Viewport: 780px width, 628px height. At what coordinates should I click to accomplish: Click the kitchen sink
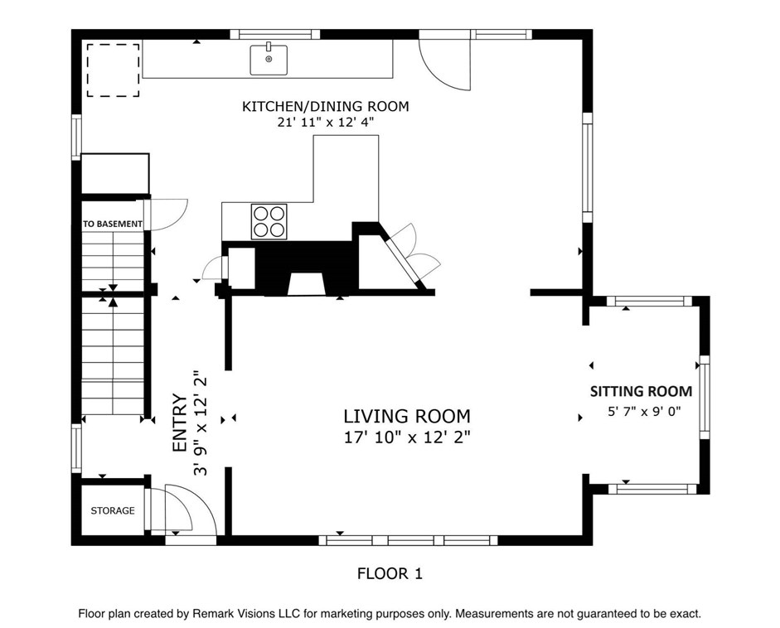point(269,59)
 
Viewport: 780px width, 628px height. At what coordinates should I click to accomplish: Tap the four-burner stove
point(269,221)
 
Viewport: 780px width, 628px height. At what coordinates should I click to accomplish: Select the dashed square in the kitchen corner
point(113,70)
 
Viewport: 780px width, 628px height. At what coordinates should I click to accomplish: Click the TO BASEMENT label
point(113,225)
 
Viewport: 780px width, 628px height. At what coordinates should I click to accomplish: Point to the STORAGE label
point(113,510)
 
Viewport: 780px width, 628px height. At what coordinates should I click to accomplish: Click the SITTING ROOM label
point(642,391)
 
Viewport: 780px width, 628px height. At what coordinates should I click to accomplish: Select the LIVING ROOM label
point(407,416)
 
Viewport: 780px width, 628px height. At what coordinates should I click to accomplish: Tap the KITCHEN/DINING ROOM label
point(325,106)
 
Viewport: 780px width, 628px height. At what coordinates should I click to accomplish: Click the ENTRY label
point(179,423)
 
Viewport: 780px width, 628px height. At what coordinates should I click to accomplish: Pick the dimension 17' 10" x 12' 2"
point(407,437)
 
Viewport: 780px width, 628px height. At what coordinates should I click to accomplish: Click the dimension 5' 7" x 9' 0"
point(644,412)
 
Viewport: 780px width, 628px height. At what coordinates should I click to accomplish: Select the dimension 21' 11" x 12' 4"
point(325,122)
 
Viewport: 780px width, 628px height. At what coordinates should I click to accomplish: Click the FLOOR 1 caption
point(390,574)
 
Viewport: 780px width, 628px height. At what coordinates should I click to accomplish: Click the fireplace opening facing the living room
point(306,284)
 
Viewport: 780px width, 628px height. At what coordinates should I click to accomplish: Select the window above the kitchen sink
point(274,34)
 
